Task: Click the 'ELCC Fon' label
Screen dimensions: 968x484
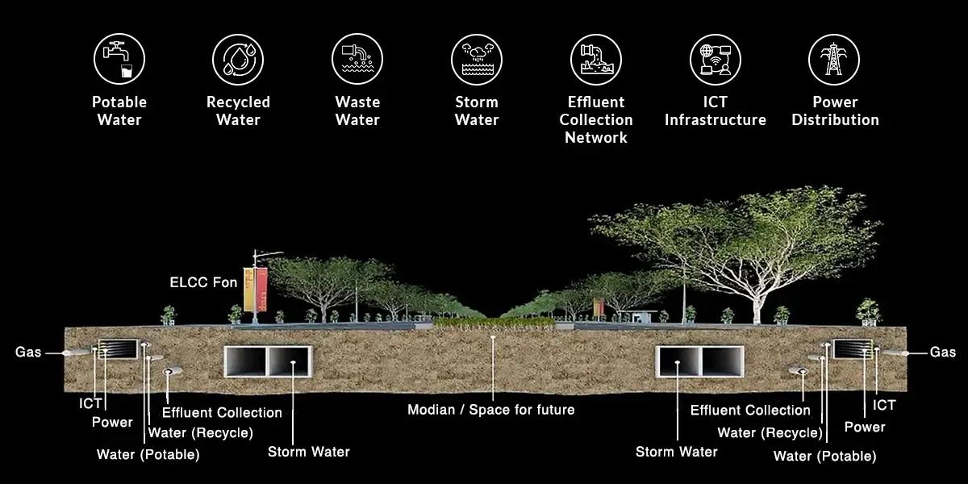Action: [203, 282]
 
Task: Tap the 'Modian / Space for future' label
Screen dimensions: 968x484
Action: [490, 410]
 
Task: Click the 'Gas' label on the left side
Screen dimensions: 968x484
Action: [28, 353]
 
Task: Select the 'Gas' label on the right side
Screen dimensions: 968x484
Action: [942, 353]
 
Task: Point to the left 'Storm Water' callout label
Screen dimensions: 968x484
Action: [308, 452]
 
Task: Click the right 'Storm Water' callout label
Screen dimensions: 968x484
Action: [676, 452]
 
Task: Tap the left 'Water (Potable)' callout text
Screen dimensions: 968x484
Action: [148, 454]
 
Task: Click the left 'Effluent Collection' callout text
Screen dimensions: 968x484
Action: [222, 412]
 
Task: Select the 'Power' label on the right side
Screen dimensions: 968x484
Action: [865, 427]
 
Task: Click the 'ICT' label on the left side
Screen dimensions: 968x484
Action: [90, 403]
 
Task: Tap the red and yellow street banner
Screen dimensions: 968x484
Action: [255, 290]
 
